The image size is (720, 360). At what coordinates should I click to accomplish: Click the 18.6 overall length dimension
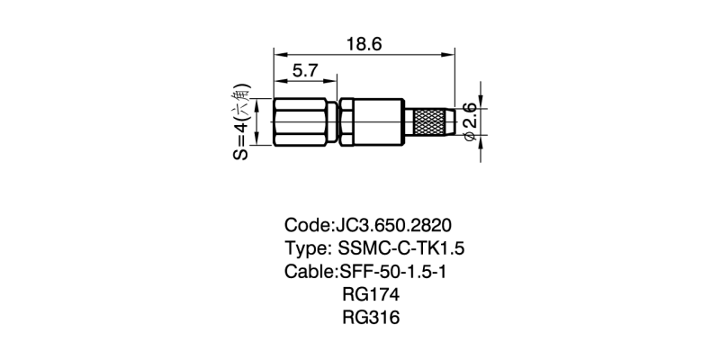[x=364, y=43]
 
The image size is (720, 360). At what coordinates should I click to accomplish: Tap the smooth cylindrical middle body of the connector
[x=376, y=122]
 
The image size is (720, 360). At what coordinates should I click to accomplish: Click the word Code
[x=308, y=224]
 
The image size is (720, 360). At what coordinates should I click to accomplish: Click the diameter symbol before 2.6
[x=470, y=137]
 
